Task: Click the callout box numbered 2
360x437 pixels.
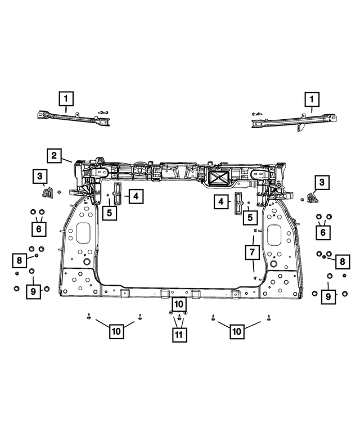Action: pos(54,156)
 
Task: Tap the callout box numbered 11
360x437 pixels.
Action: pos(179,335)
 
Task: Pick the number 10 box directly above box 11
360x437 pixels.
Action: pos(179,304)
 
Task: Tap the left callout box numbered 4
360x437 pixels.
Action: pos(136,196)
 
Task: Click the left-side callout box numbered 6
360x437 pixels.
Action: pos(39,229)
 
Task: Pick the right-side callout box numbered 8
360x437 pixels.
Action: pos(341,261)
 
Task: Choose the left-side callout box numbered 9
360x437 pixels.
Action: pos(33,291)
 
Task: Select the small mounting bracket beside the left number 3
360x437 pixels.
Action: pos(47,195)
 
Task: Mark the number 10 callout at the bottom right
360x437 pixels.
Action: pos(236,332)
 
